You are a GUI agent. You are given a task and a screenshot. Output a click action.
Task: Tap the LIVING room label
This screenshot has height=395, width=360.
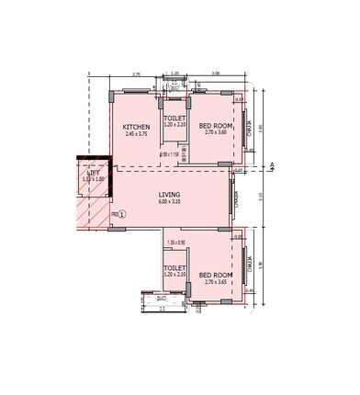tap(169, 195)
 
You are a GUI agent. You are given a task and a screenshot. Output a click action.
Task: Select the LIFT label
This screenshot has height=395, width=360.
tap(93, 172)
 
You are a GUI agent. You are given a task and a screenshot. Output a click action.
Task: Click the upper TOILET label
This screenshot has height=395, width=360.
tap(174, 118)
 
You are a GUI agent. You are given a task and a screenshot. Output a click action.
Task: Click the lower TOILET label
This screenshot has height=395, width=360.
tap(174, 267)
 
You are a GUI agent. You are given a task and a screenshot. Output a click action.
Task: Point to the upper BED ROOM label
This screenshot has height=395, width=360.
tap(213, 126)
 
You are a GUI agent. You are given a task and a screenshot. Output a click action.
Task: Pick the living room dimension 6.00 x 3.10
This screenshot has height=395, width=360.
tap(169, 202)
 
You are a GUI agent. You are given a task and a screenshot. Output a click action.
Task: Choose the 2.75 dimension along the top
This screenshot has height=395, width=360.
tap(135, 73)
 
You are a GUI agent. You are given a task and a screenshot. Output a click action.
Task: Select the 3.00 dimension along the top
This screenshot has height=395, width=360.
tap(215, 73)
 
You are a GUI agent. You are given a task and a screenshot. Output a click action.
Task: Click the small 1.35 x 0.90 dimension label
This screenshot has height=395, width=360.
tap(176, 242)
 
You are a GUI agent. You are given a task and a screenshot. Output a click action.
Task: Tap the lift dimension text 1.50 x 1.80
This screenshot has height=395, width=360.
tap(93, 179)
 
